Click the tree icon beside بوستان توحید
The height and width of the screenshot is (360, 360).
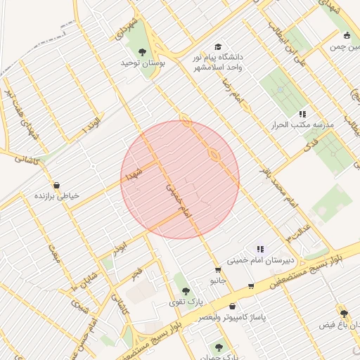(x=142, y=51)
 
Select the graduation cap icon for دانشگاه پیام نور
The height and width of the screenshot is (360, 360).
(x=217, y=44)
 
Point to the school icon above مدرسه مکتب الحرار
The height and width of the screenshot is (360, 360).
(x=303, y=114)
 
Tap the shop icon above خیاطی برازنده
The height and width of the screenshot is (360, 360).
(x=56, y=185)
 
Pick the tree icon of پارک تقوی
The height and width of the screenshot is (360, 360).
(x=186, y=290)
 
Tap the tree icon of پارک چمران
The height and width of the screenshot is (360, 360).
(x=219, y=346)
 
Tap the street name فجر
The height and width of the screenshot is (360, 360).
(x=137, y=271)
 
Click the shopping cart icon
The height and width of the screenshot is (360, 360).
(x=252, y=286)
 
